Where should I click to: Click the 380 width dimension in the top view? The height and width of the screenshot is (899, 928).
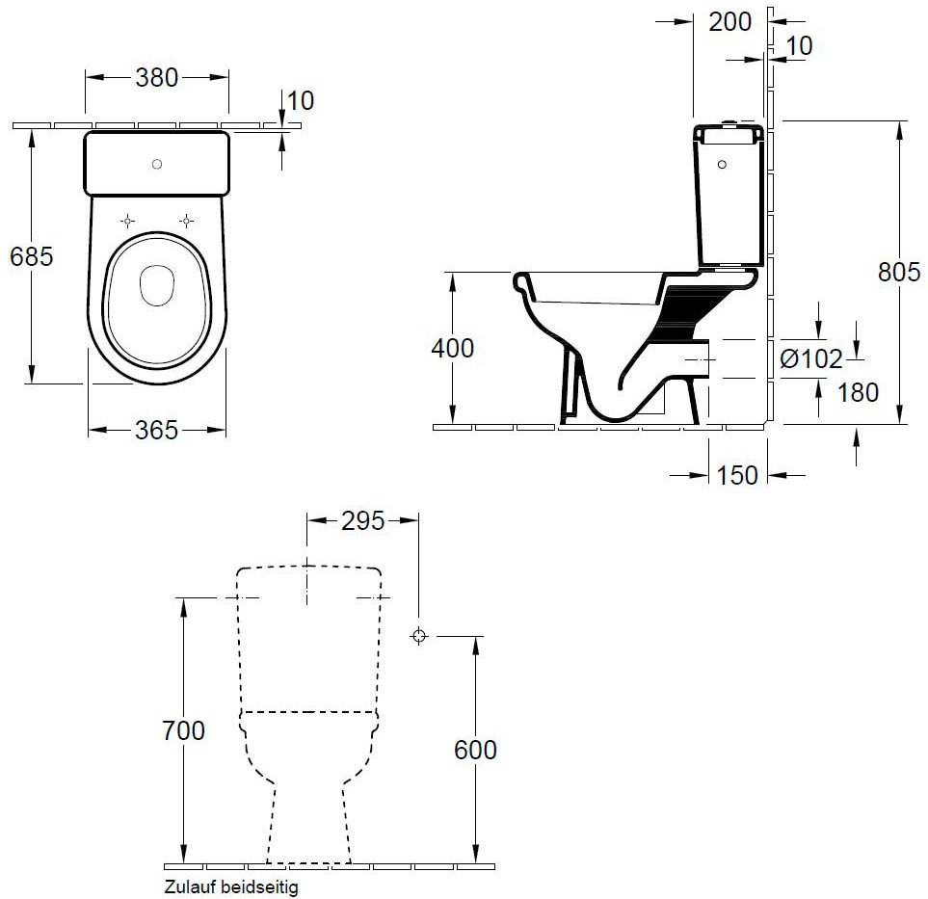[x=157, y=77]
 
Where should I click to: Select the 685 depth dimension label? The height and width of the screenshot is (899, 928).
[x=32, y=256]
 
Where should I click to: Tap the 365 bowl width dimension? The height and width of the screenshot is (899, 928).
[x=156, y=431]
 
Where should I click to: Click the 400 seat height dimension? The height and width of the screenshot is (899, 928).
[x=452, y=348]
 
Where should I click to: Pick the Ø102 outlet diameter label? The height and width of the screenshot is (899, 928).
[x=810, y=358]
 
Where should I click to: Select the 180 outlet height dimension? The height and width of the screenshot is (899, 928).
[x=859, y=392]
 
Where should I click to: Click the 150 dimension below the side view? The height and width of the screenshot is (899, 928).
[x=737, y=475]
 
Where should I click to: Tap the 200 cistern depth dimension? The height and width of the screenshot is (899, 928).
[x=730, y=22]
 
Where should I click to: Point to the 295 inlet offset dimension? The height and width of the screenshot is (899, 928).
[x=362, y=521]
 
